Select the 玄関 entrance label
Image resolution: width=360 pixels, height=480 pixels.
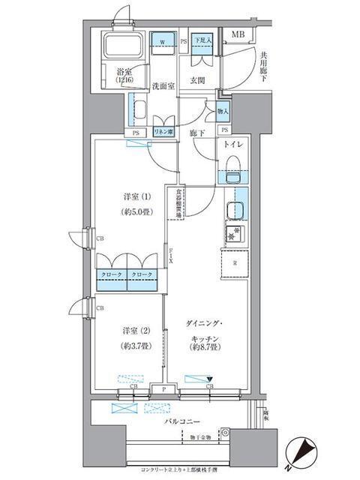(x=197, y=80)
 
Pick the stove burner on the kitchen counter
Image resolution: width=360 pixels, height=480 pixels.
(x=233, y=235)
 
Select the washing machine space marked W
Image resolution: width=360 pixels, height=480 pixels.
(x=163, y=42)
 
